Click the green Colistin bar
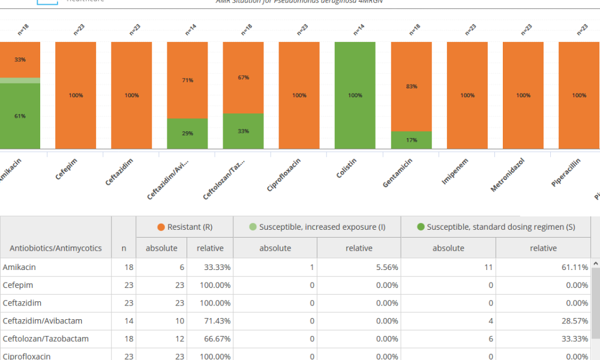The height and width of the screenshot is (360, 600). [355, 95]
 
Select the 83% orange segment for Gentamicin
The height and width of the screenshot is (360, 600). [411, 86]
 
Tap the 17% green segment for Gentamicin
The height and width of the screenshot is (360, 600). [411, 140]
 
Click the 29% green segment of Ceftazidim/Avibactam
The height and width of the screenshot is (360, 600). [187, 133]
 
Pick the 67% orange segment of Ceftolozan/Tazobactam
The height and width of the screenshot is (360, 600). [243, 77]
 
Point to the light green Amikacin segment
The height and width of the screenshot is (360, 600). [20, 80]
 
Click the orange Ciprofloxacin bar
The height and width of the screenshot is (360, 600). [299, 95]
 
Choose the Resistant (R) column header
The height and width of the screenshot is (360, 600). [184, 227]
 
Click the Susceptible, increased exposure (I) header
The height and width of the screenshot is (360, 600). [317, 227]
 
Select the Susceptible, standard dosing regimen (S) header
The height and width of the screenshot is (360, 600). [496, 227]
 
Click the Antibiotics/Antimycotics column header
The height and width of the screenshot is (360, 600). [56, 248]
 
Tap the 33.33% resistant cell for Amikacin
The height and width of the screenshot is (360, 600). [211, 268]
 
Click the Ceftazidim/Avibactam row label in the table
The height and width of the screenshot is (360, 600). [46, 321]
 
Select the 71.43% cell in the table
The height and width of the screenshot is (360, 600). [211, 321]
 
